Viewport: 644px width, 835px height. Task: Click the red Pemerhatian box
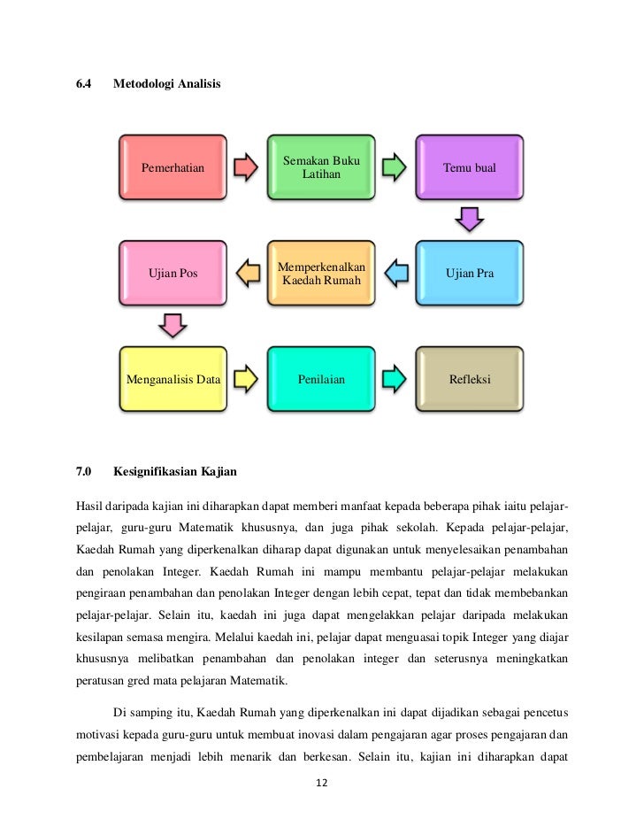173,167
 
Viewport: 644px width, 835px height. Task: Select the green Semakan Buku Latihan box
321,167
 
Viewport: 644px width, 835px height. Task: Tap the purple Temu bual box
470,167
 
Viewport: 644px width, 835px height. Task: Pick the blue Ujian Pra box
470,274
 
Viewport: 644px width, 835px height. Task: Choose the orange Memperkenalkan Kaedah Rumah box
321,274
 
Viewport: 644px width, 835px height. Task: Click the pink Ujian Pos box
173,274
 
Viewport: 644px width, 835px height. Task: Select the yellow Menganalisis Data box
173,380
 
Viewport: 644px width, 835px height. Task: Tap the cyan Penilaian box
321,380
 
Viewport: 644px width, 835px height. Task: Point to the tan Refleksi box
470,380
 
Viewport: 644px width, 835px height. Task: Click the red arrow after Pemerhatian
247,167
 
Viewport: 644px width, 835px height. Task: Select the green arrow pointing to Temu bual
395,167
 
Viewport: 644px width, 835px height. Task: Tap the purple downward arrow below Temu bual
470,219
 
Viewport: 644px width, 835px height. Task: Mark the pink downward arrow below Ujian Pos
173,325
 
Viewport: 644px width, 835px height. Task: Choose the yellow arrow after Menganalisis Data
247,380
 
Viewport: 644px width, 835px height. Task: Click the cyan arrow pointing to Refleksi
395,380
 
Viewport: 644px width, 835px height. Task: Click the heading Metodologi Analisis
167,84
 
